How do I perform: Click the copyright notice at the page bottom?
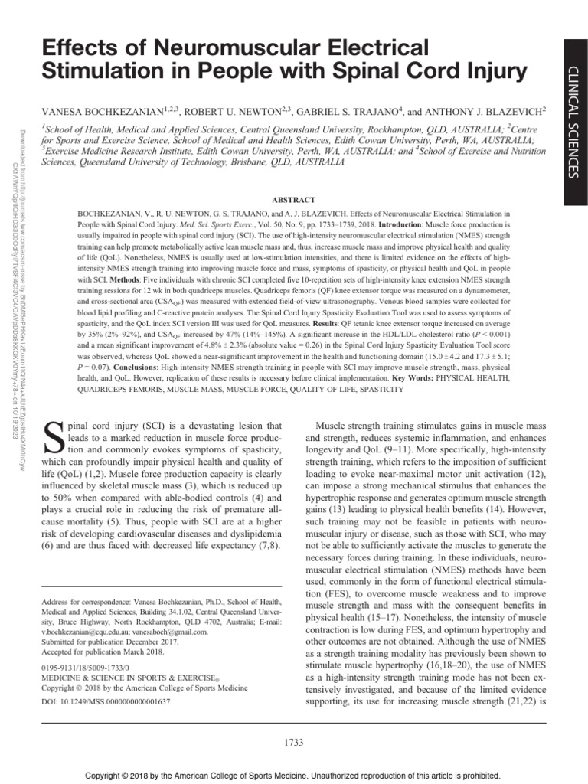click(294, 774)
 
